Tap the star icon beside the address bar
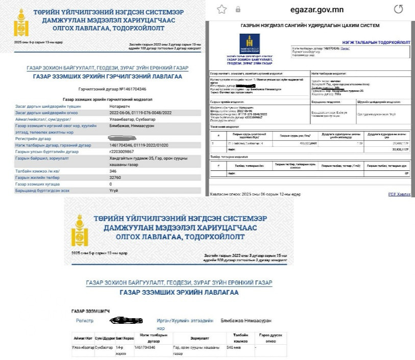(222, 9)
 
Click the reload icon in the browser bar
(398, 9)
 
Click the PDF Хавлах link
(399, 194)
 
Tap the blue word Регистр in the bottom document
(85, 321)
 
